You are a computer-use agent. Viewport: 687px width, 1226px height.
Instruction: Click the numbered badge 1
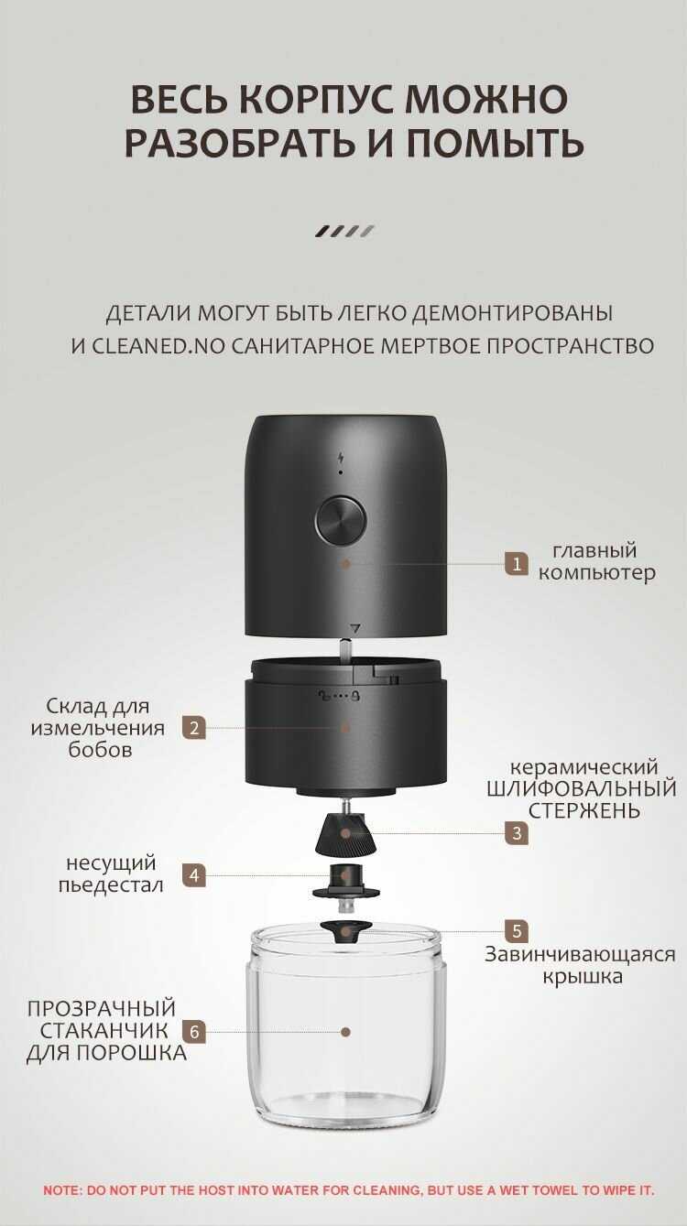coord(517,564)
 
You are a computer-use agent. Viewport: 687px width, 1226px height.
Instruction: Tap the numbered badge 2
coord(194,728)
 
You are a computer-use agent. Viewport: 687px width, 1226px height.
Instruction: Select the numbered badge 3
coord(517,833)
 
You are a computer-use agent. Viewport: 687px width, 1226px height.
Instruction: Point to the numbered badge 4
coord(194,875)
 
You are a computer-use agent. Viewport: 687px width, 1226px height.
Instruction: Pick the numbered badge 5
coord(517,931)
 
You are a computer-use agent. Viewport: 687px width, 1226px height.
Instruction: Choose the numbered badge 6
coord(194,1032)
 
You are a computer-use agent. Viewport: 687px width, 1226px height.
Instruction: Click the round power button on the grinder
coord(341,521)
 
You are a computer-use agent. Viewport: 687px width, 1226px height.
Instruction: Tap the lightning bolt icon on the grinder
coord(341,458)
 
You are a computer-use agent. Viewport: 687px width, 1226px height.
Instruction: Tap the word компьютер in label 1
coord(596,573)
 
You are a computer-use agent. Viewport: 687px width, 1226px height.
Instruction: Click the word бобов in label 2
coord(100,749)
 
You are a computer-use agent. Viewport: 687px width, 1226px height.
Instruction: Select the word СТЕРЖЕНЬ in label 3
coord(584,810)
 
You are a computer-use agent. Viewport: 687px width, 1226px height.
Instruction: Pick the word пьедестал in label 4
coord(111,885)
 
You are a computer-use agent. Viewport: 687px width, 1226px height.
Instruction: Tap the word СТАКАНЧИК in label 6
coord(104,1031)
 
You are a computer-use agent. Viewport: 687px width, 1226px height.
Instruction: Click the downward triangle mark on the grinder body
coord(355,628)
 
